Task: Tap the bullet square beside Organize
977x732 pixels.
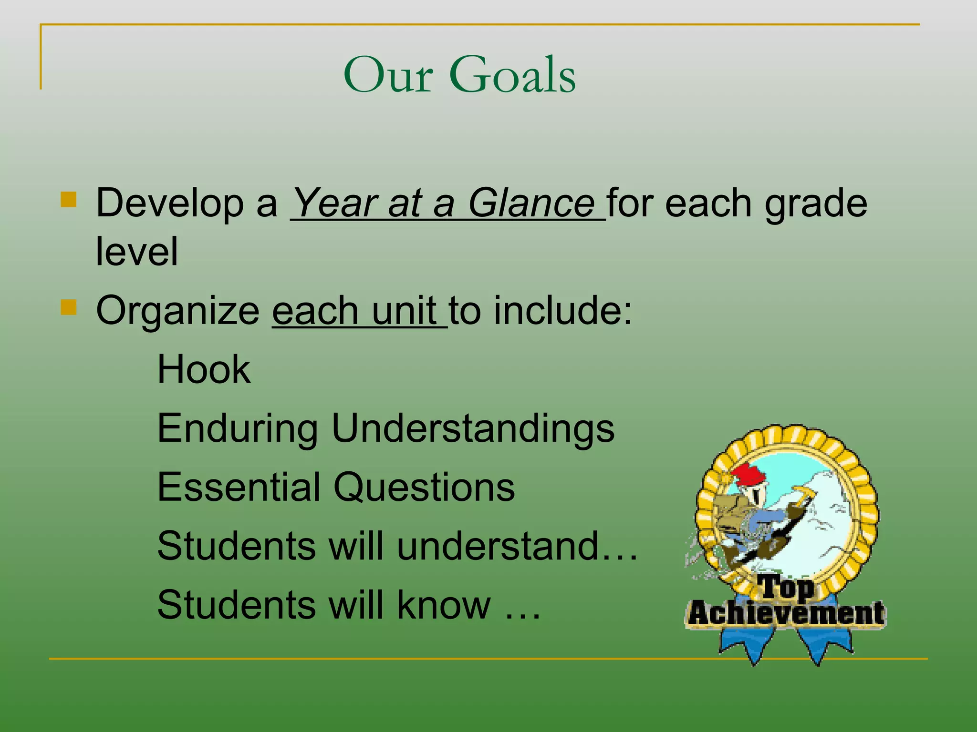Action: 69,307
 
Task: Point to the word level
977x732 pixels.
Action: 136,251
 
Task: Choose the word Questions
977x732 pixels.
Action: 424,487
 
